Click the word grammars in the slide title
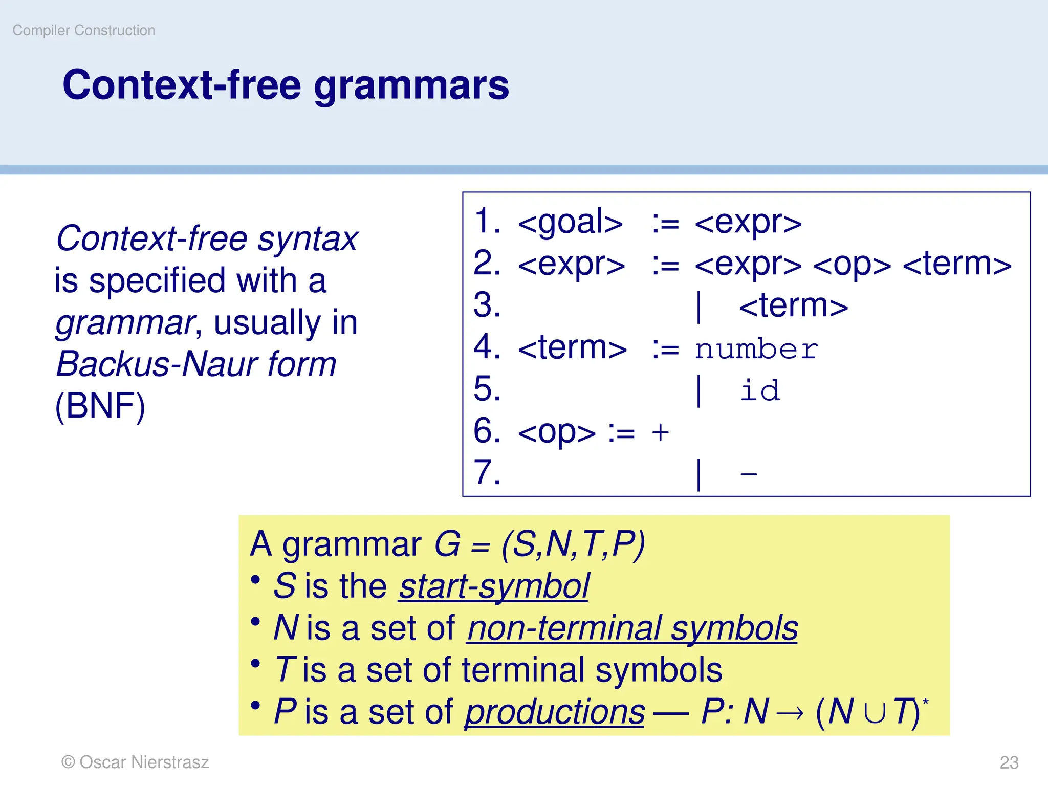(x=411, y=85)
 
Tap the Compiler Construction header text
(x=84, y=31)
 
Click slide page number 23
(x=1009, y=762)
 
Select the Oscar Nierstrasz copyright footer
(x=135, y=762)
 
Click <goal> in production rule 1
(x=570, y=223)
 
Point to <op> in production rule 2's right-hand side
(x=851, y=265)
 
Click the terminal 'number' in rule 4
(x=756, y=350)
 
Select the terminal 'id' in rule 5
(x=760, y=391)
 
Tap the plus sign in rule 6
(x=660, y=432)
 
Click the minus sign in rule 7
(x=748, y=474)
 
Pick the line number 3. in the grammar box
(x=487, y=306)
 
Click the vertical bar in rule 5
(x=699, y=391)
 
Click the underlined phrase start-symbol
(x=494, y=586)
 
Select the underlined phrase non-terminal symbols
(x=632, y=628)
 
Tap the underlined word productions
(x=554, y=712)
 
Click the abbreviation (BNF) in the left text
(x=100, y=406)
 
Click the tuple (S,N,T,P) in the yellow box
(x=573, y=544)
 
